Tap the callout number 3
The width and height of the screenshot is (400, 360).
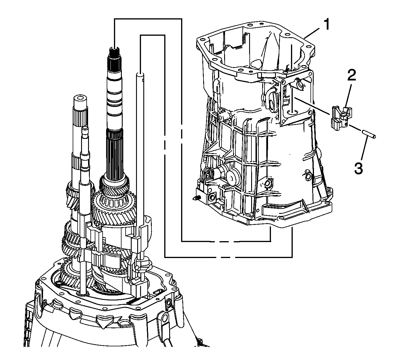[358, 168]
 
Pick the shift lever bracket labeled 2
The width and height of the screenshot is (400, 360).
[341, 118]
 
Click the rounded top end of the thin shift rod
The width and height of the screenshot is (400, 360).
[140, 74]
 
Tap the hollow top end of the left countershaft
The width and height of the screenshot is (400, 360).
[80, 99]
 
